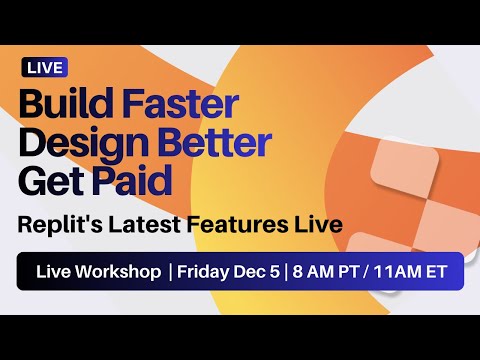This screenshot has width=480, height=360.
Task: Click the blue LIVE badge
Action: pos(44,68)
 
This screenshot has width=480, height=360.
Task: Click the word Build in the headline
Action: pos(67,104)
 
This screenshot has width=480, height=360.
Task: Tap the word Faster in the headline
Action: pos(181,104)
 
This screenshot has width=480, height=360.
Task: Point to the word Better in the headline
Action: pos(215,143)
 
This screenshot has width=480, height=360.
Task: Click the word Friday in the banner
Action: pos(203,272)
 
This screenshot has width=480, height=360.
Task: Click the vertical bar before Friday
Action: pos(171,272)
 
